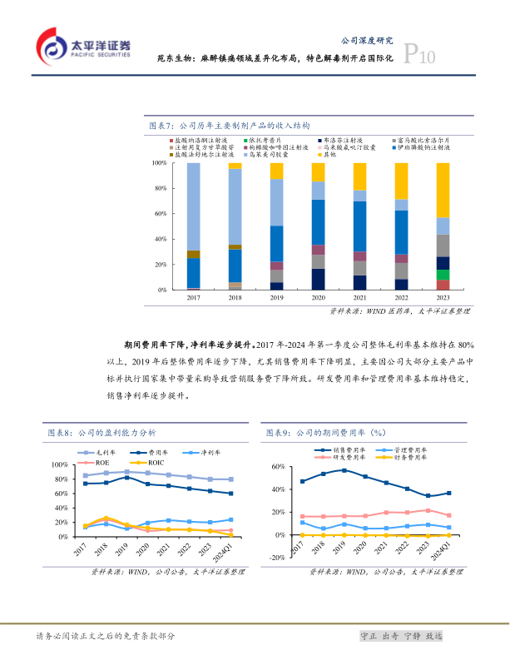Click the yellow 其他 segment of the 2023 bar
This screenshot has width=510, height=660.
pos(443,190)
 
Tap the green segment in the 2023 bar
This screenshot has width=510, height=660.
pos(443,275)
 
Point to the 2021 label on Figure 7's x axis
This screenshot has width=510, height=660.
pos(359,298)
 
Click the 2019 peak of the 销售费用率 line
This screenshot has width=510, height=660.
pos(344,470)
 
